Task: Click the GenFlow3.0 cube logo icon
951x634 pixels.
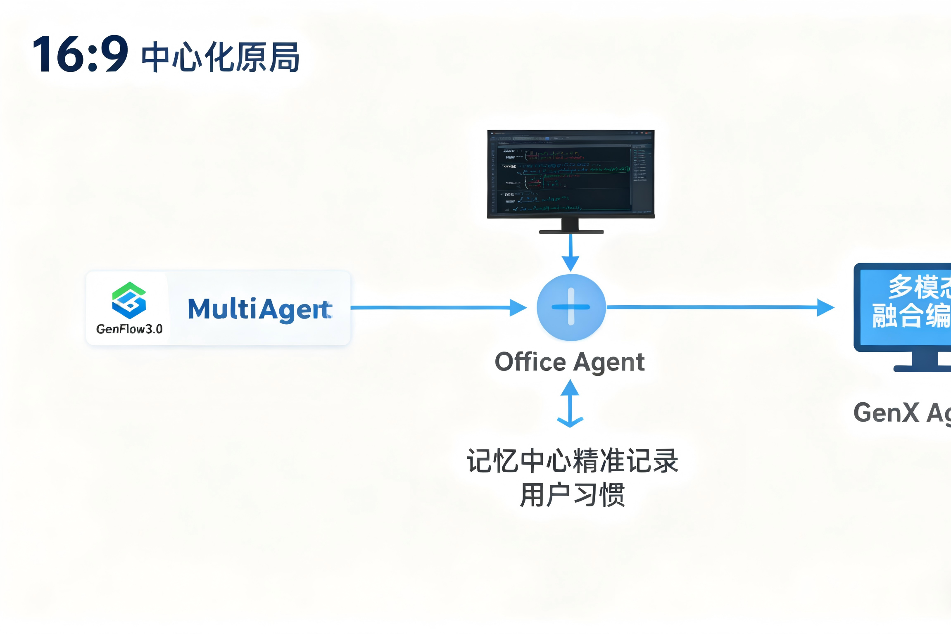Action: coord(129,300)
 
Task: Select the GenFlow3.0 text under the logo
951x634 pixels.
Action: coord(129,329)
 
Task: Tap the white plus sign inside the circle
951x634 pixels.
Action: coord(571,307)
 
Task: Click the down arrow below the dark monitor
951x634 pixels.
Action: coord(571,252)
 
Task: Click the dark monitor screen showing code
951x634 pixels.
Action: coord(571,174)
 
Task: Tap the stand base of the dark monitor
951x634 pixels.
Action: coord(571,231)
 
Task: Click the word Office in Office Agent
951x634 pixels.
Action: coord(530,362)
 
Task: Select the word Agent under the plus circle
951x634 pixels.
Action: coord(609,363)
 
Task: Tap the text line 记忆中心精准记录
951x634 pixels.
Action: coord(572,461)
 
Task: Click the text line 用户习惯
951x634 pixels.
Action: coord(572,495)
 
